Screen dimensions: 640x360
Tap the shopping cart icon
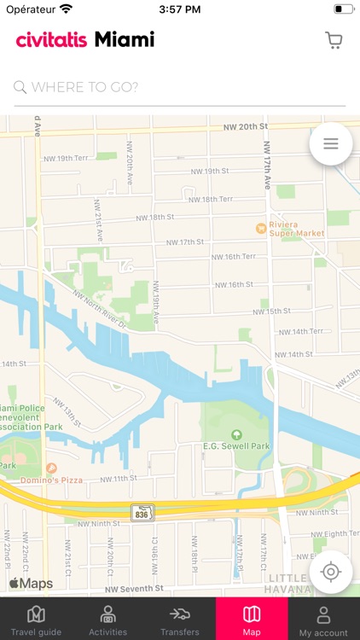point(334,40)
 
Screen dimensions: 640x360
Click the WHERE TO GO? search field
point(179,87)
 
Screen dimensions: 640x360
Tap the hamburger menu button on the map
point(331,144)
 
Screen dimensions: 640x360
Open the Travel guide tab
point(36,620)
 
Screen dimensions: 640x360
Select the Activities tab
point(108,620)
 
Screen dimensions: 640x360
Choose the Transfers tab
point(180,620)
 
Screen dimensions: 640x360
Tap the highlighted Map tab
point(252,620)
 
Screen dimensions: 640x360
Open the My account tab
point(323,620)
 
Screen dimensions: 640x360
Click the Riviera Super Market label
point(296,229)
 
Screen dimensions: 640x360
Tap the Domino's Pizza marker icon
point(51,468)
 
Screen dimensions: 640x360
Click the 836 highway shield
point(142,513)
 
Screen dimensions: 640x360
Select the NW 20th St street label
point(246,126)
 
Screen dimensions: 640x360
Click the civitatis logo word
point(51,40)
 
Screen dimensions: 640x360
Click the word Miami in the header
point(125,39)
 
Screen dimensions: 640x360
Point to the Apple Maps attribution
point(31,584)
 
